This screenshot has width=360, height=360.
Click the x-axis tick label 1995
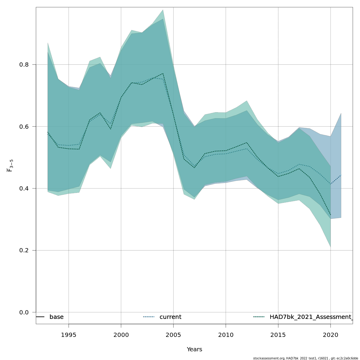pyautogui.click(x=69, y=335)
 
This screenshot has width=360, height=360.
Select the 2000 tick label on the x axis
pyautogui.click(x=121, y=335)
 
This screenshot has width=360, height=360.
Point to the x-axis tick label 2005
pyautogui.click(x=173, y=335)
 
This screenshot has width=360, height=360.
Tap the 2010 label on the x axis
pyautogui.click(x=226, y=335)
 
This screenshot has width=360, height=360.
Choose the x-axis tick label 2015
pyautogui.click(x=278, y=335)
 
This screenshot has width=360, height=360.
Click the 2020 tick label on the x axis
pyautogui.click(x=331, y=335)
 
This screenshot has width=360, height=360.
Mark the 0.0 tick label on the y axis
pyautogui.click(x=24, y=312)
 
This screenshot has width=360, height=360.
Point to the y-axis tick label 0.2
pyautogui.click(x=24, y=250)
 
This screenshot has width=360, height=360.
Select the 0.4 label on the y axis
pyautogui.click(x=24, y=188)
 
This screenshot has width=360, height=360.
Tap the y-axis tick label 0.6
pyautogui.click(x=24, y=126)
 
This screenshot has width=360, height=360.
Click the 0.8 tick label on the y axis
pyautogui.click(x=24, y=64)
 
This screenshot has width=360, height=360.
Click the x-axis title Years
pyautogui.click(x=194, y=349)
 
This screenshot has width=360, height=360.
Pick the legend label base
pyautogui.click(x=56, y=317)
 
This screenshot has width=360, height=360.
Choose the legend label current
pyautogui.click(x=170, y=317)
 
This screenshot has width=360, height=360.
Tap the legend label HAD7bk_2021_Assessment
pyautogui.click(x=311, y=317)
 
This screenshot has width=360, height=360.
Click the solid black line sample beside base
pyautogui.click(x=40, y=317)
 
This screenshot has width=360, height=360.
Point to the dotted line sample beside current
pyautogui.click(x=149, y=317)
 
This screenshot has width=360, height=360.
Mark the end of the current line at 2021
pyautogui.click(x=341, y=175)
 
